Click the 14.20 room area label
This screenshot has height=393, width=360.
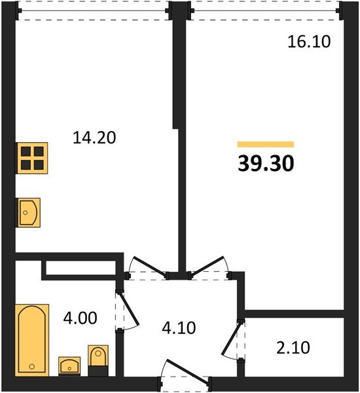(x=94, y=138)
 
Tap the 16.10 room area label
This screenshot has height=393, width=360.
(x=309, y=42)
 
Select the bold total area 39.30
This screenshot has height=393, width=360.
(x=266, y=163)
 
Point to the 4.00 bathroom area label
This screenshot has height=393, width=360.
(x=80, y=318)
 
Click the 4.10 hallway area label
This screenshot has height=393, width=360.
(x=179, y=328)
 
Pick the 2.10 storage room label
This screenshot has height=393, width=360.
(x=293, y=348)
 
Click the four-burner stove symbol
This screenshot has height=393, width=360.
(x=32, y=158)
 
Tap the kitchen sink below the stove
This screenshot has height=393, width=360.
(x=28, y=212)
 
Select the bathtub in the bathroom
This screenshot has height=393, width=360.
(x=32, y=340)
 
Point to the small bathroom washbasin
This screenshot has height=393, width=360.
(x=69, y=366)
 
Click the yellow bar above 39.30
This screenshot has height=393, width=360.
(x=266, y=144)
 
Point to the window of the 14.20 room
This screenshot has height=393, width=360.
(x=94, y=10)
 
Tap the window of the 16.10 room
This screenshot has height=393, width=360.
(x=266, y=10)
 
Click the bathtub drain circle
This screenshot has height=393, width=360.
(x=32, y=366)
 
